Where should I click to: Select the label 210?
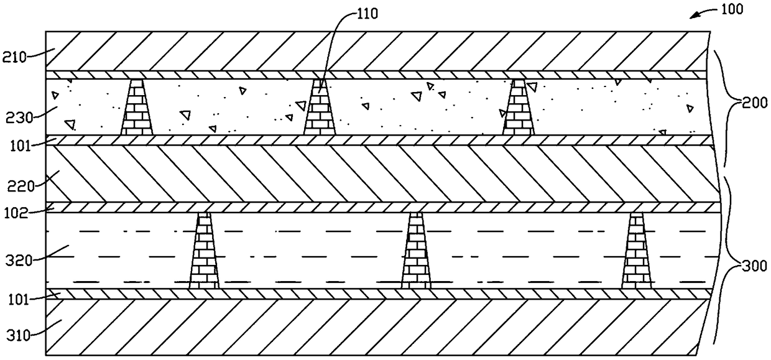pyautogui.click(x=14, y=58)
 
